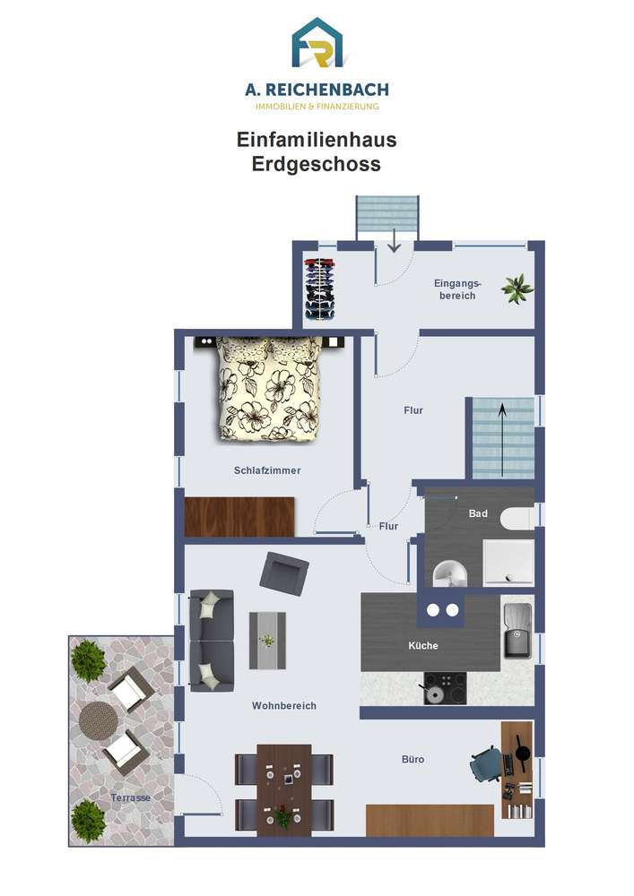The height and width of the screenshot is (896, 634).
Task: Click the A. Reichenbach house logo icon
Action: [x=317, y=43]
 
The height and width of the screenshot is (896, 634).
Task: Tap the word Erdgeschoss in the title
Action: [x=317, y=164]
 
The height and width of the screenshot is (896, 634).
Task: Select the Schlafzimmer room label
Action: [x=267, y=470]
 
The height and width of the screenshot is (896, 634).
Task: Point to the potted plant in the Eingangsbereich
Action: [x=517, y=289]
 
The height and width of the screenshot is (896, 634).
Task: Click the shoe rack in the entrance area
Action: [x=319, y=289]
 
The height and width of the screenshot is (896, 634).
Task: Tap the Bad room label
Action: [x=478, y=513]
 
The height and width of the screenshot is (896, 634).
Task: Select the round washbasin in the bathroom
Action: [x=450, y=573]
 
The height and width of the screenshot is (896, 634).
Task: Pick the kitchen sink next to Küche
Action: [x=517, y=630]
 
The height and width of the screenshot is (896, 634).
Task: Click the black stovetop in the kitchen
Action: [x=445, y=688]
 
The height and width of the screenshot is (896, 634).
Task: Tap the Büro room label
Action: [x=413, y=760]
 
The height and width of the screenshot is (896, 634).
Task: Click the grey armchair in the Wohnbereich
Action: [x=284, y=571]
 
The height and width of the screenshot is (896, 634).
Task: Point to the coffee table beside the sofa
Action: [x=267, y=641]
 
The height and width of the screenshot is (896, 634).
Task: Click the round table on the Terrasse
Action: [x=99, y=721]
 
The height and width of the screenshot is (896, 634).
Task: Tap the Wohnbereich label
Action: [x=284, y=706]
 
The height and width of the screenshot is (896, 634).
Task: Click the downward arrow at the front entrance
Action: [x=394, y=240]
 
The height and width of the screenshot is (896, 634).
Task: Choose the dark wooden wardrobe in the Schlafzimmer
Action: [x=239, y=517]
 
